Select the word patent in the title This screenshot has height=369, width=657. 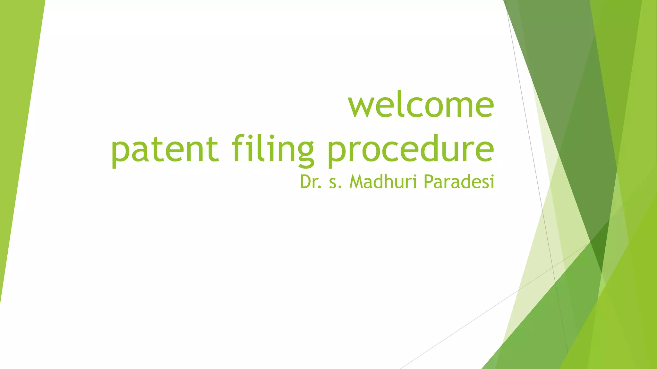coord(165,149)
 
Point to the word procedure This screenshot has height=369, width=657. coord(411,149)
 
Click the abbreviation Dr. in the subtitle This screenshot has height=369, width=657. coord(311,182)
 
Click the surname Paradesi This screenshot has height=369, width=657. coord(459,182)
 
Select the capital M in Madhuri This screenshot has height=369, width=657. coord(356,182)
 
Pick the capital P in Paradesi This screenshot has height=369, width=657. coord(428,182)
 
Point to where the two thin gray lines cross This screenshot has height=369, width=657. coord(552,267)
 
